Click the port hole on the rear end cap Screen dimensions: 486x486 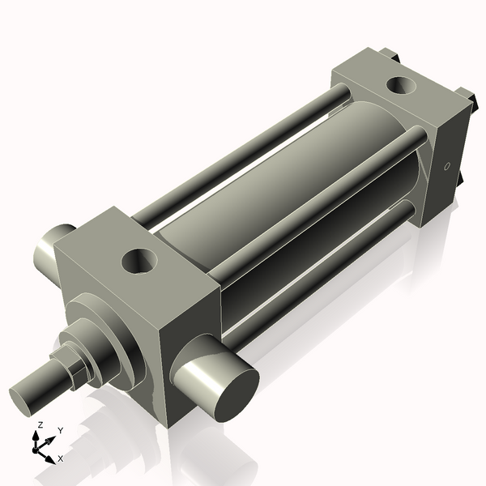399,84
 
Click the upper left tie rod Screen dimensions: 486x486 243,154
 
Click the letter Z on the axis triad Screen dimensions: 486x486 40,425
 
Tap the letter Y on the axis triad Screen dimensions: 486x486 60,431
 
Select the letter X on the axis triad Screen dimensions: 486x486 60,458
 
